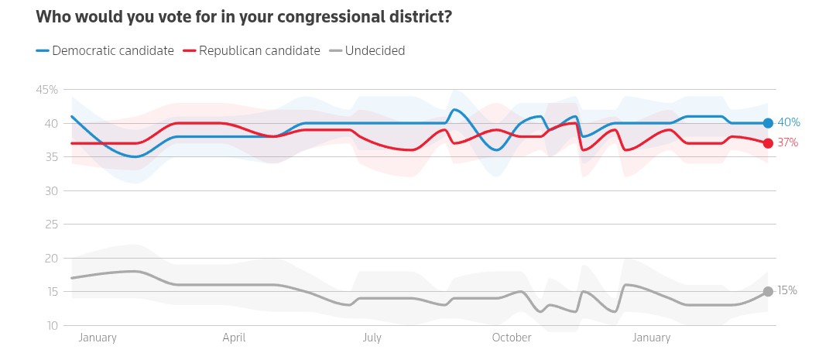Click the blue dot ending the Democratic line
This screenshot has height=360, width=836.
pos(768,123)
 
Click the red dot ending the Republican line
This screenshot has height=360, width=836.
pos(768,143)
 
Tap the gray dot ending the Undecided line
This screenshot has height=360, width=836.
pos(768,291)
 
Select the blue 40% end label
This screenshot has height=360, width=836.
pos(788,122)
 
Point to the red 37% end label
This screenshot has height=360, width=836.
pos(788,142)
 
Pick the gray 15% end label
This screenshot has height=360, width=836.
pos(788,291)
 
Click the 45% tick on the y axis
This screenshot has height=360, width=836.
pos(47,90)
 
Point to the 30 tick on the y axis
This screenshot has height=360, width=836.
pos(51,190)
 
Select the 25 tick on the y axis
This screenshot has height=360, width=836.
pos(51,225)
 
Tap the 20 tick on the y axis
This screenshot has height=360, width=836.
pos(51,258)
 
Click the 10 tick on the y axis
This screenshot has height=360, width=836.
pos(51,325)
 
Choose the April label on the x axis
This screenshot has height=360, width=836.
pos(234,338)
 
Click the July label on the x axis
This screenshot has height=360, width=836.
pos(372,338)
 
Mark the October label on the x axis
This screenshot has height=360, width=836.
pos(512,338)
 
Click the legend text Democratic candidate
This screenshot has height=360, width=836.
pos(113,51)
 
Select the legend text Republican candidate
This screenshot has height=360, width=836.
pos(259,51)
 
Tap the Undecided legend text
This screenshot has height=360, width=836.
pos(375,51)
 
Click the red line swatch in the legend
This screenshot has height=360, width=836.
pos(189,51)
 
